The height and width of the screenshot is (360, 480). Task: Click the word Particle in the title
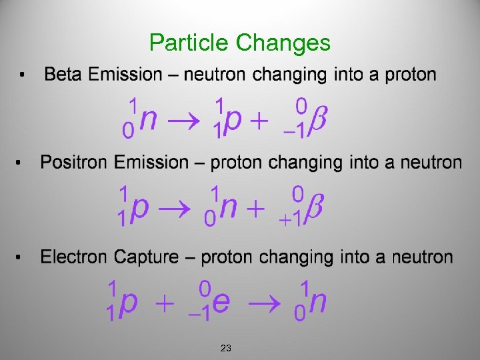189,43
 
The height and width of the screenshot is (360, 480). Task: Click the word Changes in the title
283,43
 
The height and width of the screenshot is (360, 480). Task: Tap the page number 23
226,348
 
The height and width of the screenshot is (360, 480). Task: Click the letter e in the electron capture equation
223,303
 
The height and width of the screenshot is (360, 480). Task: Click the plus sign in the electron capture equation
164,304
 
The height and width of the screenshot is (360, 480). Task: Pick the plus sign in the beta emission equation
258,122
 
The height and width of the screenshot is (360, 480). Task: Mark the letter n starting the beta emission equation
150,120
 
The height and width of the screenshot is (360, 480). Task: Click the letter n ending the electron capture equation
319,303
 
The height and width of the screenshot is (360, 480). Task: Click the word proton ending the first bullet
411,74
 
